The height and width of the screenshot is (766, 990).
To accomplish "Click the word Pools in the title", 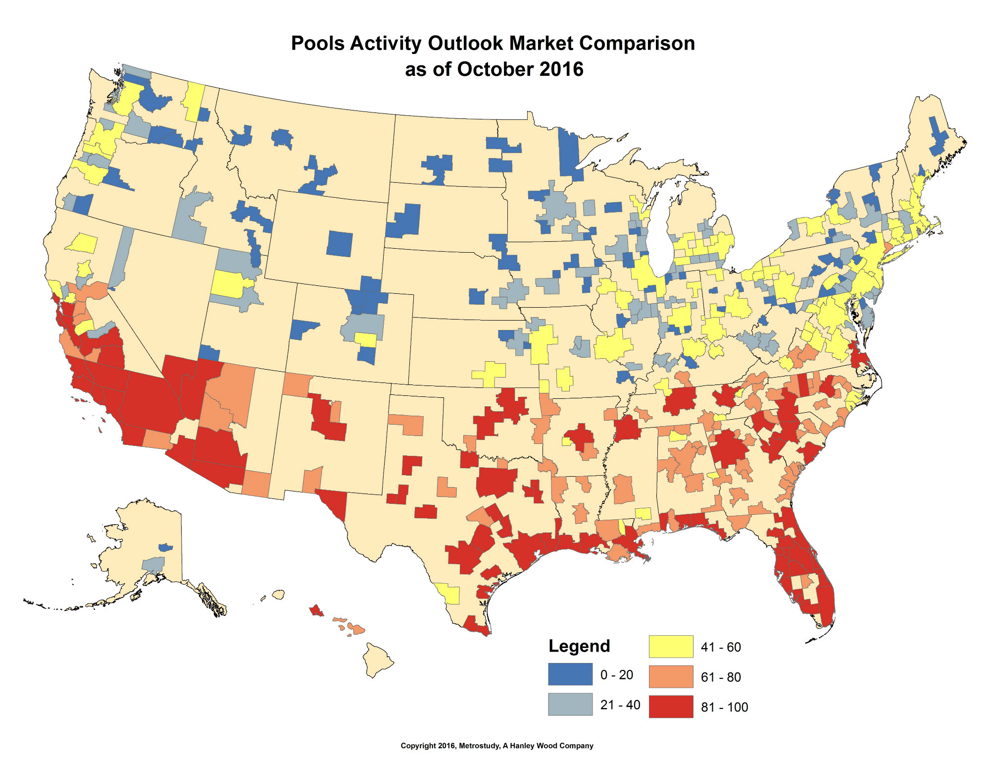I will (318, 44).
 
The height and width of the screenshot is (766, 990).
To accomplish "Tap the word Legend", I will (579, 646).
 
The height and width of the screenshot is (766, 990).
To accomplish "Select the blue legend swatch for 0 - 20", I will (570, 674).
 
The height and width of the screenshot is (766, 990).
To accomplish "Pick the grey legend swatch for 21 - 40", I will (570, 704).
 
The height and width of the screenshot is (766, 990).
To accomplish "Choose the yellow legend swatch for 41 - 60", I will (671, 646).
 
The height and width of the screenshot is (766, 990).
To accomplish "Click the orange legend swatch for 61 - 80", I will (671, 676).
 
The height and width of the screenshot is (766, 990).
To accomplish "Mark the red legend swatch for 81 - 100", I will (671, 707).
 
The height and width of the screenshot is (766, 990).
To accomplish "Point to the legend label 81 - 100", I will (724, 707).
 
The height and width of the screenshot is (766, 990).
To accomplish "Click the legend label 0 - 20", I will (616, 675).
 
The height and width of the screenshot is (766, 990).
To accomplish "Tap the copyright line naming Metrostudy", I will (496, 746).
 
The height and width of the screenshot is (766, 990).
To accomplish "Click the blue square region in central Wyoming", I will (340, 243).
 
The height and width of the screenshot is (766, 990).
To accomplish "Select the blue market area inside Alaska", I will (165, 547).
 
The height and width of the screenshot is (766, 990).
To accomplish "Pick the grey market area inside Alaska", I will (153, 564).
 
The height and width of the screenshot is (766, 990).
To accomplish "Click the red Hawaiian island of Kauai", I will (316, 610).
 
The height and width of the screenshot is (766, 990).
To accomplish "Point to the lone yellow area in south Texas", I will (449, 593).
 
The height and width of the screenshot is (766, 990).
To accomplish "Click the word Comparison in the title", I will (637, 44).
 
